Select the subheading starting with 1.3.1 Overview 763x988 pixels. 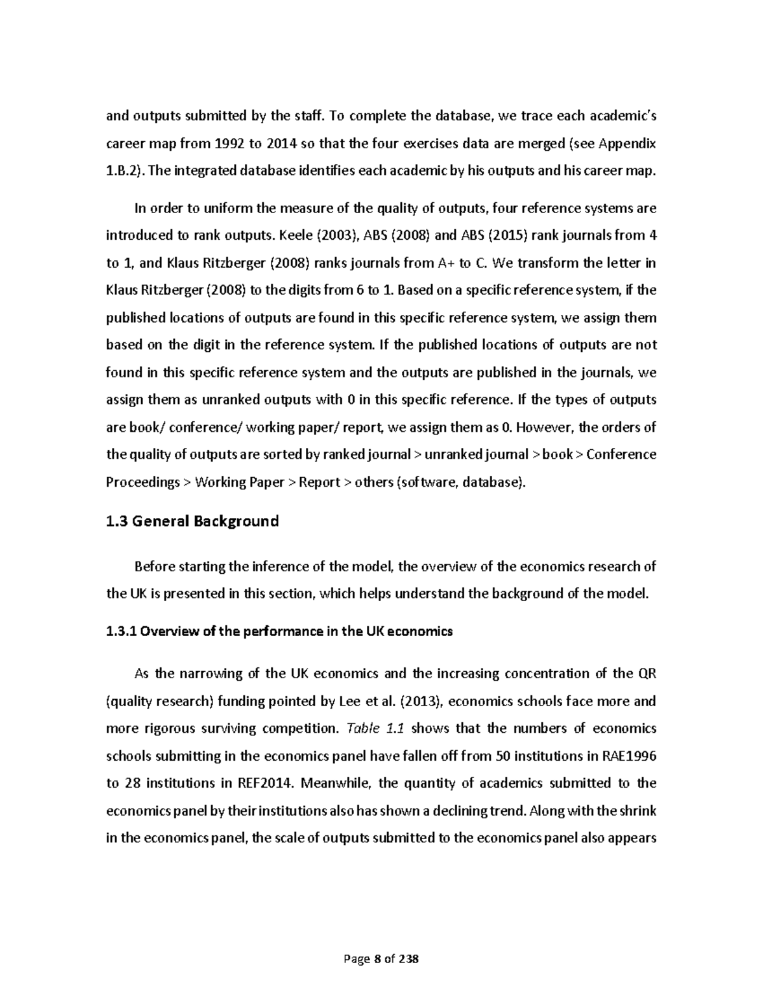pyautogui.click(x=278, y=632)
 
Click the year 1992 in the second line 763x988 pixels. pyautogui.click(x=230, y=144)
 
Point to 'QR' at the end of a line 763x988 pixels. pyautogui.click(x=646, y=674)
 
